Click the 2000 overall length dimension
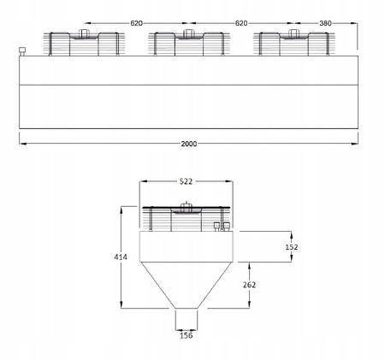(189, 145)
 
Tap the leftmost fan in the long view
(83, 43)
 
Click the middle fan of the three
(187, 43)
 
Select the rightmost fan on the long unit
(293, 43)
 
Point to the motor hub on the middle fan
(187, 34)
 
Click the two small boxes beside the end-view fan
(222, 226)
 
